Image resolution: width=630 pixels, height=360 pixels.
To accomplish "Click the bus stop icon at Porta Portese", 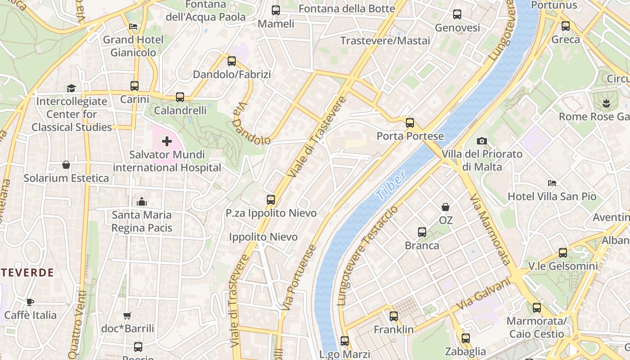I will point(409,122).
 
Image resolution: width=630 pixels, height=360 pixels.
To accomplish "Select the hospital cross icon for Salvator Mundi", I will point(167,142).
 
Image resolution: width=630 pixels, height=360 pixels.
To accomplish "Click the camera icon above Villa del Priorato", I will point(482,141).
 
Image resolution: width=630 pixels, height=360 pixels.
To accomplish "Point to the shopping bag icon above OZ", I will point(445,207).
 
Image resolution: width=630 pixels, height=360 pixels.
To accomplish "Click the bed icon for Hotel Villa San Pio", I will point(552,183).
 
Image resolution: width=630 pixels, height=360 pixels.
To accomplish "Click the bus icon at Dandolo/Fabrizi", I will point(232,61).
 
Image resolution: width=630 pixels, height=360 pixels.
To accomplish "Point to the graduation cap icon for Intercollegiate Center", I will point(72,88).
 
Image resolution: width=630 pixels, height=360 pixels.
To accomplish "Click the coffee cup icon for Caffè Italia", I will point(30,301).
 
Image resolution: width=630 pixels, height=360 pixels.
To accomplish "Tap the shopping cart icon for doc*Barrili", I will point(127,315).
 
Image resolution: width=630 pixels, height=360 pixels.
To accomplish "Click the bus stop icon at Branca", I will point(422,232).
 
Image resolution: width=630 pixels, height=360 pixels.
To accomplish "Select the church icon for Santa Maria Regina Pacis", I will point(142,202).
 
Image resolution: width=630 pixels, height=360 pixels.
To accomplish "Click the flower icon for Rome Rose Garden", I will point(606,103).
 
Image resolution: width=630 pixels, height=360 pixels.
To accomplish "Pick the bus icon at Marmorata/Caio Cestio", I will point(536,308).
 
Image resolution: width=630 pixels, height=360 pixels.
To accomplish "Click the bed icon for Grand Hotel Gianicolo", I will point(133,26).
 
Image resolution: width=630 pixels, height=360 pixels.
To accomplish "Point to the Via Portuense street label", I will point(299,277).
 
